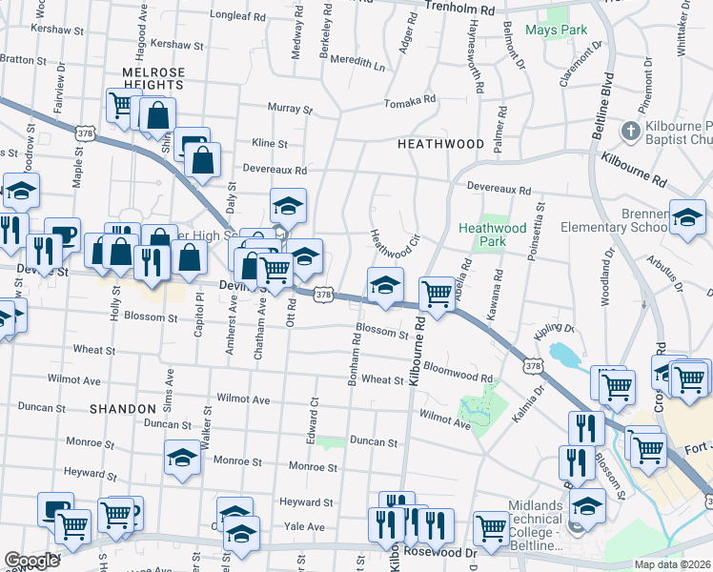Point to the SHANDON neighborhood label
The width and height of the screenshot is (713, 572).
pyautogui.click(x=122, y=408)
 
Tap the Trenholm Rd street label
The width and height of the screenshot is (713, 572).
pyautogui.click(x=460, y=10)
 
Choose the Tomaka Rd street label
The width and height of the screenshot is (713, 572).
pyautogui.click(x=409, y=99)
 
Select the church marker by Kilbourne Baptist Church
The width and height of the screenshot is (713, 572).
pyautogui.click(x=630, y=131)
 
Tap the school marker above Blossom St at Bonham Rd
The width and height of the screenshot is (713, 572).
pyautogui.click(x=385, y=284)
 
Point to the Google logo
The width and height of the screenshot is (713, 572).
pyautogui.click(x=31, y=561)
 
